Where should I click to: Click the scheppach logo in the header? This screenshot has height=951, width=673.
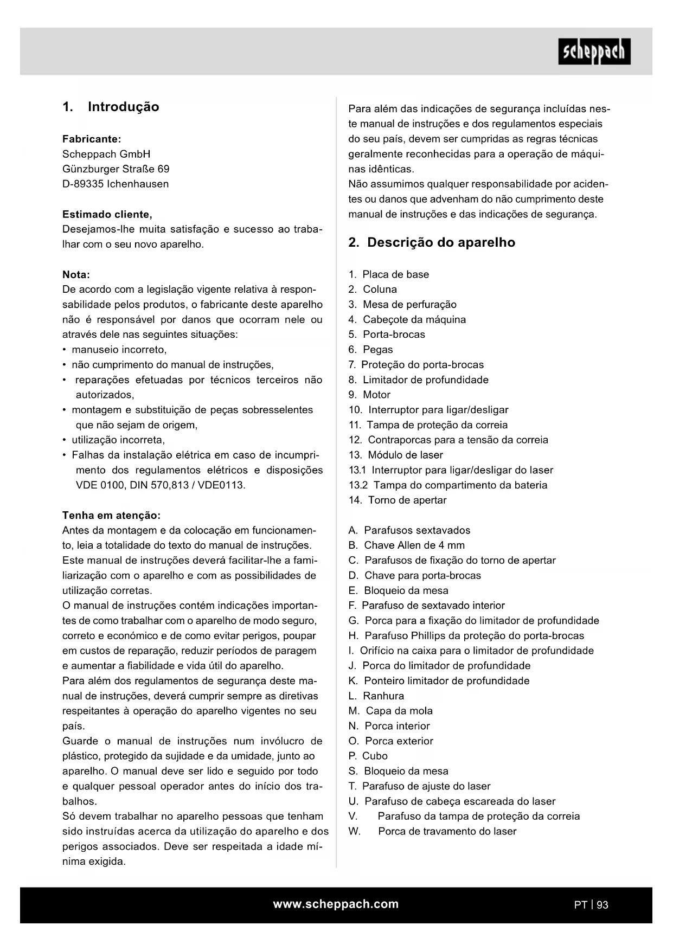pos(594,52)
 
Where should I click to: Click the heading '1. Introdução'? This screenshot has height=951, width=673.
pos(111,107)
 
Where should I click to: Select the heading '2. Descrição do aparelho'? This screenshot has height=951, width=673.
pos(432,242)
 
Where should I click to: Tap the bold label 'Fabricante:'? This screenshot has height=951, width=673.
pos(92,139)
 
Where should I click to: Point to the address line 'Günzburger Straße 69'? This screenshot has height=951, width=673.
pos(116,169)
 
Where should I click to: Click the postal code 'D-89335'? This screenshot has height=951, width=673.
pos(82,184)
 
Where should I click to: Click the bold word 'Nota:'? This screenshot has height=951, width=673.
pos(76,274)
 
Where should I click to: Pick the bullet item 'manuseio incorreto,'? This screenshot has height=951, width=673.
pos(119,350)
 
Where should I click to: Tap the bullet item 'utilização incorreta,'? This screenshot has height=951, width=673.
pos(118,440)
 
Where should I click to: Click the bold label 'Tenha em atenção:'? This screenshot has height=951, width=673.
pos(111,515)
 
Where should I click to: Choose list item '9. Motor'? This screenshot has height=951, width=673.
pos(369,395)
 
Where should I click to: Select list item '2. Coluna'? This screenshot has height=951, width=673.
pos(373,290)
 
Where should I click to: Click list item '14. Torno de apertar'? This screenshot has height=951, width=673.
pos(398,500)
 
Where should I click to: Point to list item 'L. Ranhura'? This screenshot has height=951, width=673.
pos(376,696)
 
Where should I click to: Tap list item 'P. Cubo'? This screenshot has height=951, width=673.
pos(368,756)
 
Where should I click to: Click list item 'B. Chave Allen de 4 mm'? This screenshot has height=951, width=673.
pos(406,545)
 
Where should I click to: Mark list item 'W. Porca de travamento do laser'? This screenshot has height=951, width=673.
pos(432,831)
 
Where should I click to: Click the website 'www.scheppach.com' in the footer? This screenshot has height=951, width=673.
pos(336,904)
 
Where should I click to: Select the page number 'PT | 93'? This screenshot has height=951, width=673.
pos(591,904)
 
